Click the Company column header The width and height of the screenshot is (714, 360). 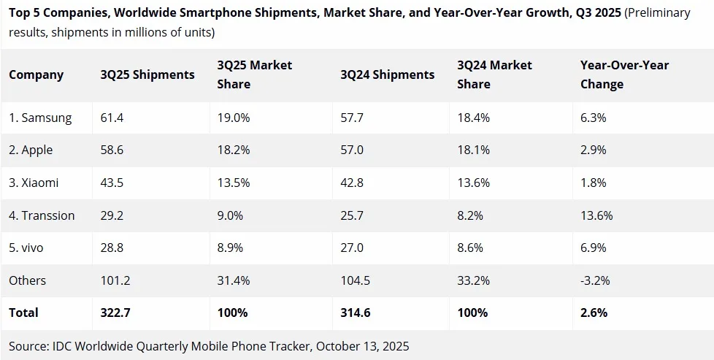point(36,74)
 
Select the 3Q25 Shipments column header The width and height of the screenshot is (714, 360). point(147,74)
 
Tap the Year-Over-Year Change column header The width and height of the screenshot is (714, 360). point(624,74)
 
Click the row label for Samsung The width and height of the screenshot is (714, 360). point(40,118)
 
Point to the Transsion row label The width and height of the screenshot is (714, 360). point(42,215)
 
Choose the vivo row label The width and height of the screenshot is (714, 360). point(26,248)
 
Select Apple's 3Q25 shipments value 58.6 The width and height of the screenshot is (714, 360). point(112,150)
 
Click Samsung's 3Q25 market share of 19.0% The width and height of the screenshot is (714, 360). point(234,118)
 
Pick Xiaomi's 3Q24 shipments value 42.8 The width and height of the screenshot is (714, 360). point(352,183)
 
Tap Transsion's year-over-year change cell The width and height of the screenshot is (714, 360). point(596,215)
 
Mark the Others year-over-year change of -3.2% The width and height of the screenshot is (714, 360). point(595,280)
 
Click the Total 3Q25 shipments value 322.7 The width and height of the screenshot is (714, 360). point(115,313)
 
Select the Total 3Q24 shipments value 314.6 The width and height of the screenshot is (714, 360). point(356,313)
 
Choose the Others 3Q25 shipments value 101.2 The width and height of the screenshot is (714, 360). point(115,280)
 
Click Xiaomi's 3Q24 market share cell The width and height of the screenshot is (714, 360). point(473,183)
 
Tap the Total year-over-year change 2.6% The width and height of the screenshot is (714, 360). point(594,313)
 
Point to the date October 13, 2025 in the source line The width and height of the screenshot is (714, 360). point(357,345)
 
